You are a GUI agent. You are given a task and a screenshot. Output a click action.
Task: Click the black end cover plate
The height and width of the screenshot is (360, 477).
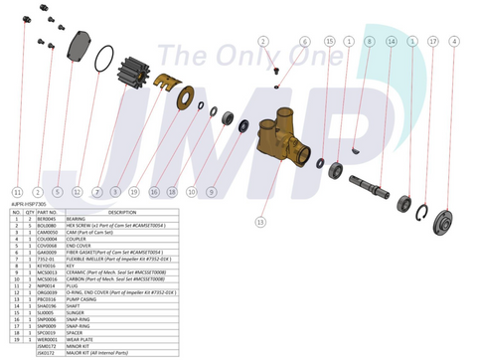(79, 48)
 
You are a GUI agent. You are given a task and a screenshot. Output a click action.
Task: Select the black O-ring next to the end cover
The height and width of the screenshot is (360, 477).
(102, 62)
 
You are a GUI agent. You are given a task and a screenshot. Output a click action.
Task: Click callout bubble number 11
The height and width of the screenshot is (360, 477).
(17, 191)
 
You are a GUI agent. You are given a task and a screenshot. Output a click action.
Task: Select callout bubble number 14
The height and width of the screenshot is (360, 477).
(391, 42)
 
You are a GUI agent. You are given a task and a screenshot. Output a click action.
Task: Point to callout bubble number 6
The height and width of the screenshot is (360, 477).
(305, 42)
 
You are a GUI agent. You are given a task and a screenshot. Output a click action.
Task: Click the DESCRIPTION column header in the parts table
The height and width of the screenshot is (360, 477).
(122, 212)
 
